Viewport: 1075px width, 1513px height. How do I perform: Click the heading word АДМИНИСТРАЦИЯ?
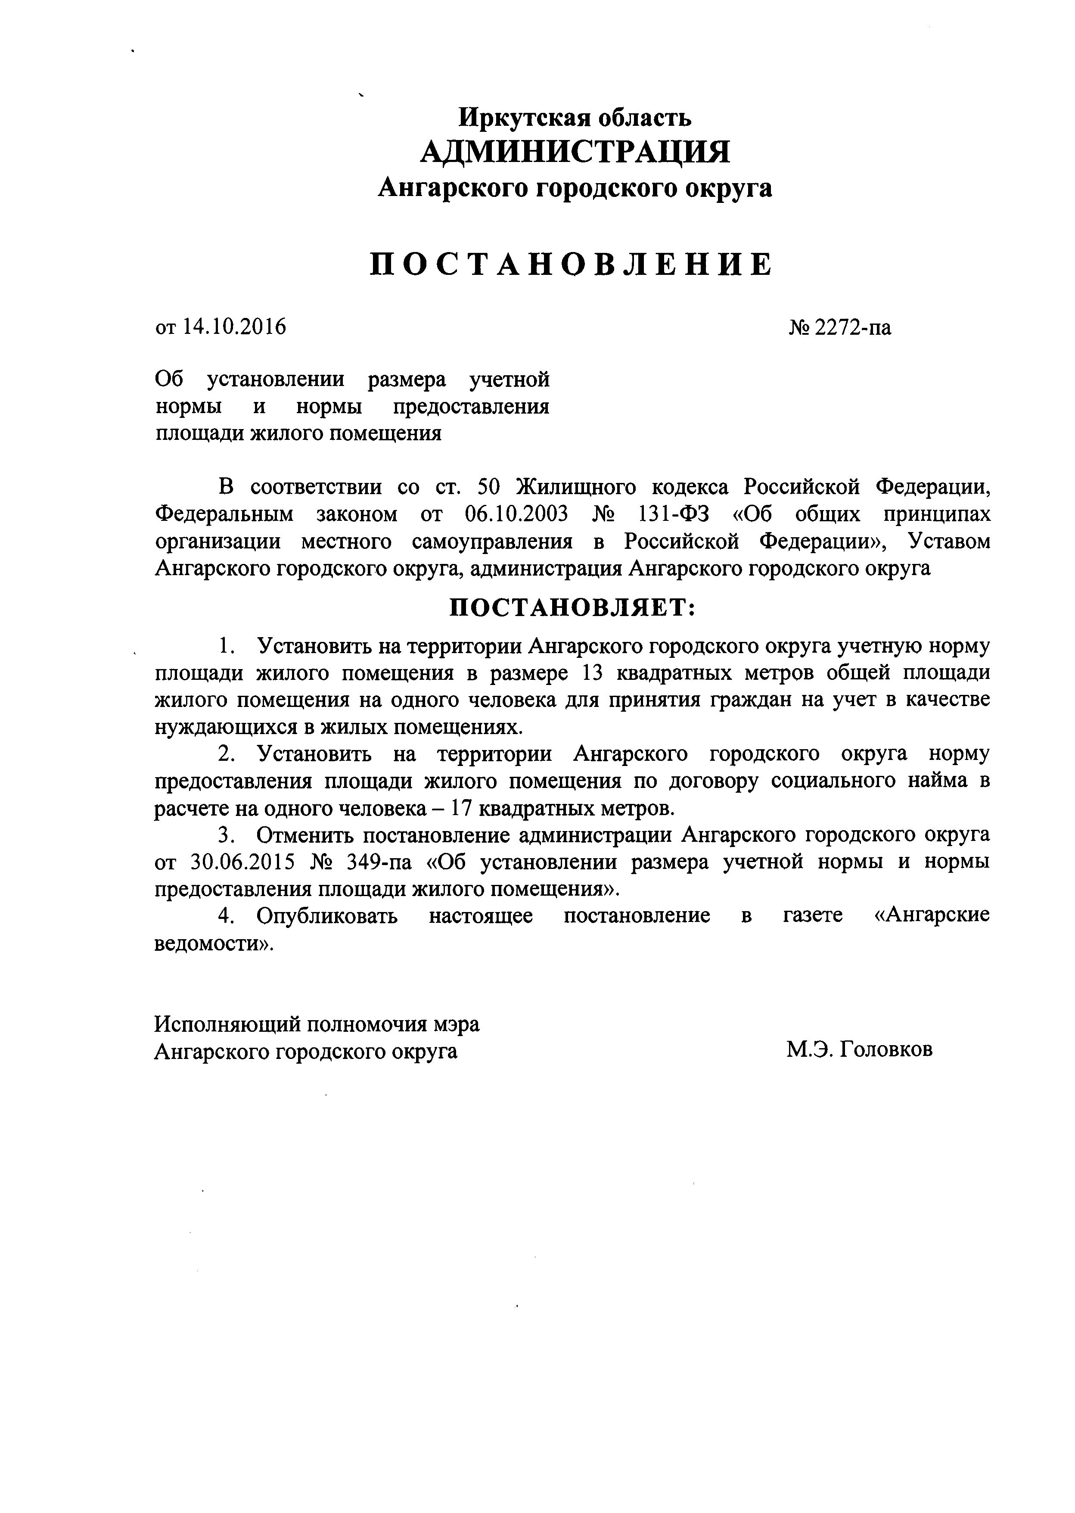point(575,153)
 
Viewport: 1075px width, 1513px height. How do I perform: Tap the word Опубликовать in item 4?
point(328,916)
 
